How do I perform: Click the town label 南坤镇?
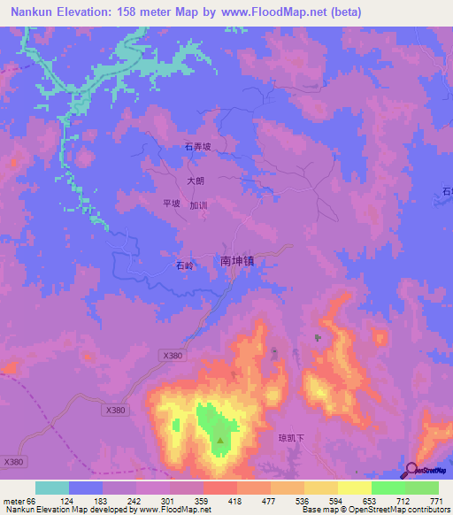tap(242, 261)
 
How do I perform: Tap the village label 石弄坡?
tap(196, 147)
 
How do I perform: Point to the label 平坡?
tap(172, 204)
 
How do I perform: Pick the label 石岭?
tap(183, 265)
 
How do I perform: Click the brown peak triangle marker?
tap(221, 438)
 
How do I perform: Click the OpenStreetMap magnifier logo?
tap(412, 470)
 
